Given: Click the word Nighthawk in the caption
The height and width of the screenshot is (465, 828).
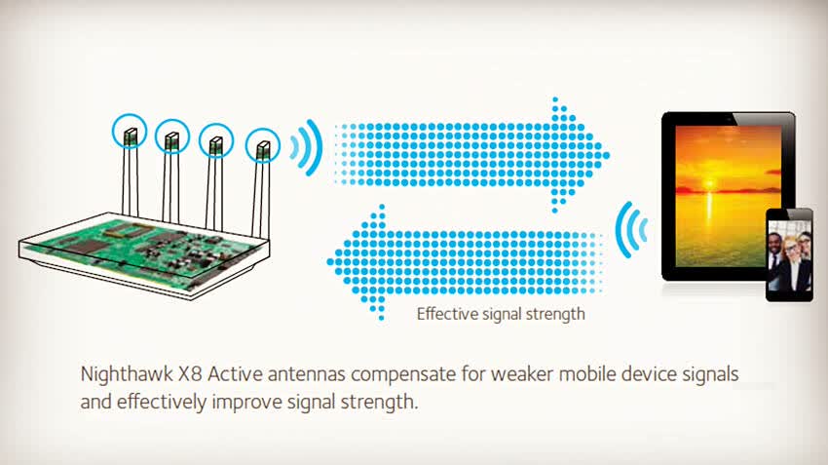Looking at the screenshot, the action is coord(127,374).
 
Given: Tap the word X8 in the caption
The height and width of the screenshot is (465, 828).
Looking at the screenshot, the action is coord(190,374).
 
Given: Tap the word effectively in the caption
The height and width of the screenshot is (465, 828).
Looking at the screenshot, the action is coord(162,402).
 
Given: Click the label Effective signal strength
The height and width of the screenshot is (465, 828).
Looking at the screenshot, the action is coord(501,314).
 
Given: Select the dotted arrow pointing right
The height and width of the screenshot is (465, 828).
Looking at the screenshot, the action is coord(471,155).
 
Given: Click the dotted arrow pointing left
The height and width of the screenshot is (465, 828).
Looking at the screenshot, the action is coord(465,262).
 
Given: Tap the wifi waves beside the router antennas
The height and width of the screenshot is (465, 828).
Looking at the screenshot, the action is coord(306,147).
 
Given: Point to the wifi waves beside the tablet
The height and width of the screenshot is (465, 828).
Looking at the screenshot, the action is coord(631,230).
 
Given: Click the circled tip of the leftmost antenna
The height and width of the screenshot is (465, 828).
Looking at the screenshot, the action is coord(130,131).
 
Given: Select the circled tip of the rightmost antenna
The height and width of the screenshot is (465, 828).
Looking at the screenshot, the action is coord(263,145).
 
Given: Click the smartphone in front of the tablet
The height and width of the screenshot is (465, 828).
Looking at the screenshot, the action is coord(789,254).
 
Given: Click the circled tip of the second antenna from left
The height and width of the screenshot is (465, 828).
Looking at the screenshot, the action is coord(172,136).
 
